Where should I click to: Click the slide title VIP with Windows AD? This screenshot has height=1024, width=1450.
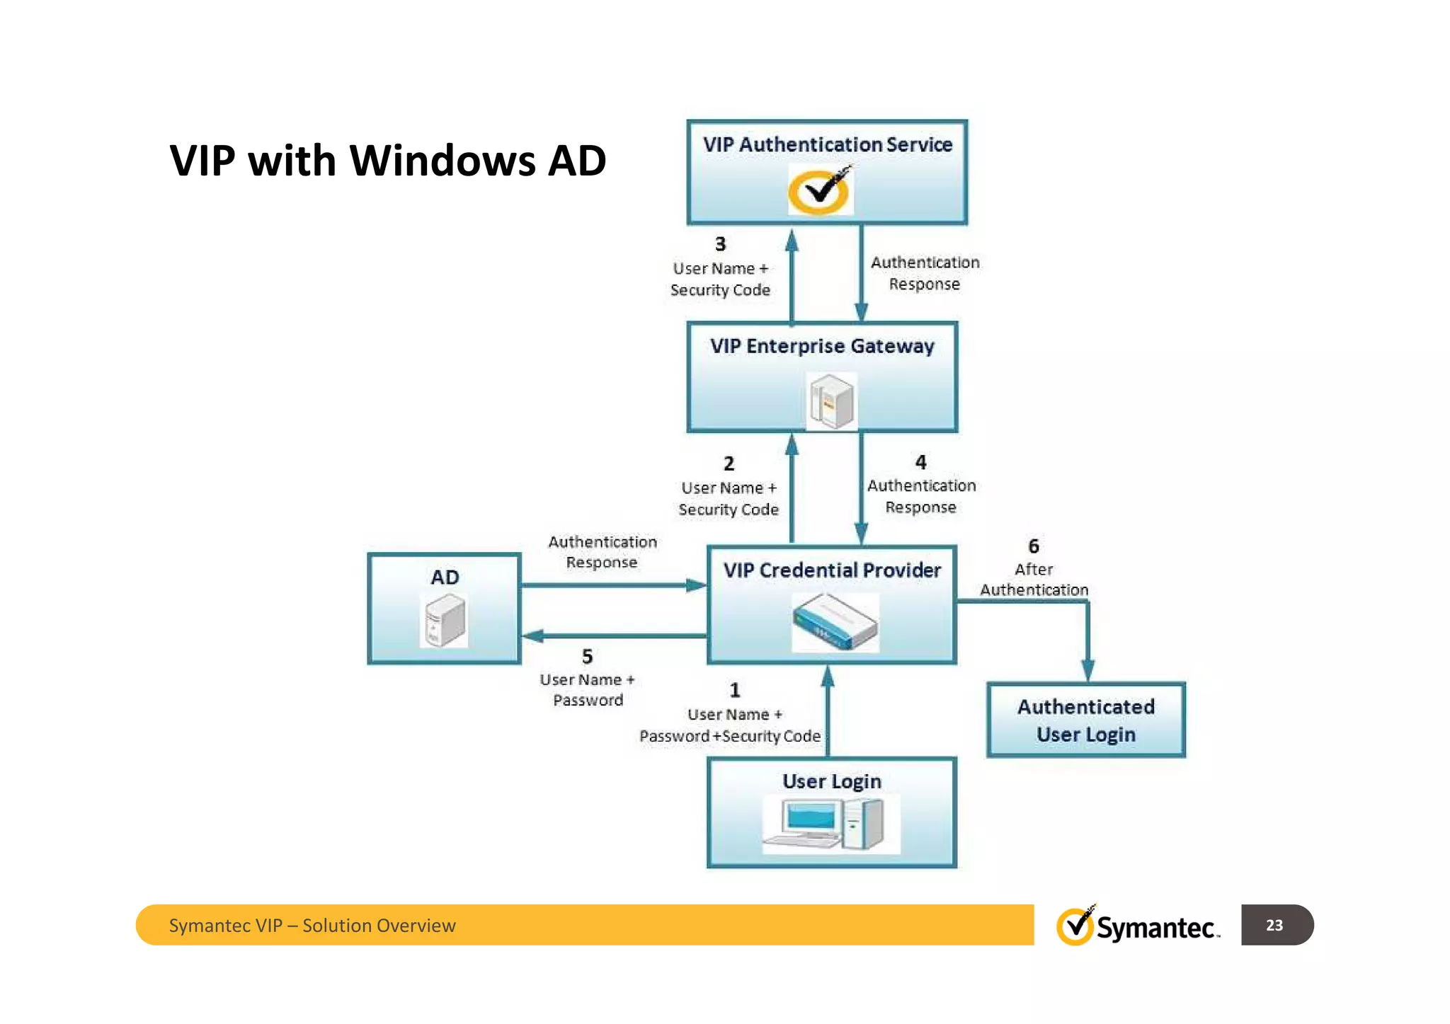coord(387,161)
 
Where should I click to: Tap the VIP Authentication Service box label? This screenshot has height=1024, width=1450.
coord(827,144)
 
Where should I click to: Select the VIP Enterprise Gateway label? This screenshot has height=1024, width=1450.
coord(822,346)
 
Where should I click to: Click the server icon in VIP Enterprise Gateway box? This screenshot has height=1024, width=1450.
coord(832,401)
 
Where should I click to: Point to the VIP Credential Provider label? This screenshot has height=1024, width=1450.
coord(832,570)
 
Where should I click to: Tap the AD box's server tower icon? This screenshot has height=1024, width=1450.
coord(445,621)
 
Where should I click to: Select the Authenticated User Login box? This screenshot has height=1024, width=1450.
coord(1085,720)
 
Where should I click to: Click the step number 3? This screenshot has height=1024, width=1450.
coord(720,244)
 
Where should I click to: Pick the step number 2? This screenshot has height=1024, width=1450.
coord(729,464)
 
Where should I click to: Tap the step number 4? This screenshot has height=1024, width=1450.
coord(920,462)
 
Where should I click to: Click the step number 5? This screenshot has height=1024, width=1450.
coord(587,657)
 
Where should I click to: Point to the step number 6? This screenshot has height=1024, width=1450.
coord(1033,546)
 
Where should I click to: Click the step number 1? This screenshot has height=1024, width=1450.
coord(735,690)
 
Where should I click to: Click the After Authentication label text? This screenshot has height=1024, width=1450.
coord(1034,580)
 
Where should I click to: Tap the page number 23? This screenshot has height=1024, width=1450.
coord(1274,925)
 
